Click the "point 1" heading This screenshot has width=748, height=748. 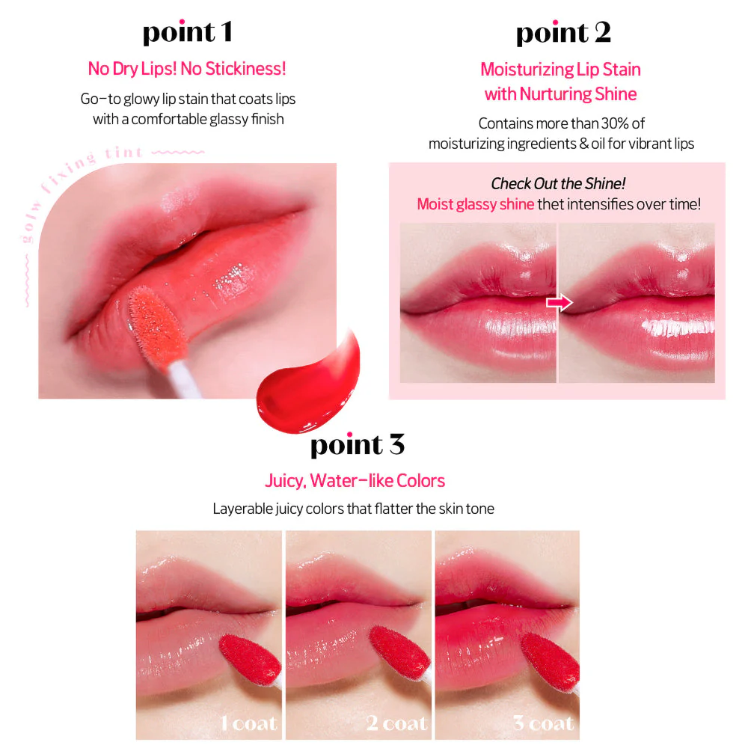pyautogui.click(x=188, y=33)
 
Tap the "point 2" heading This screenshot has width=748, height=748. pyautogui.click(x=563, y=34)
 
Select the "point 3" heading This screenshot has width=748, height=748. pyautogui.click(x=358, y=445)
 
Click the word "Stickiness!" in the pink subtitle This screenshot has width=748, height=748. pyautogui.click(x=245, y=69)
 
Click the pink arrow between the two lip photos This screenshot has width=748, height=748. pyautogui.click(x=560, y=302)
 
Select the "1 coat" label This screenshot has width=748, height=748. pyautogui.click(x=248, y=723)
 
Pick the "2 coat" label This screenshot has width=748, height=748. pyautogui.click(x=397, y=723)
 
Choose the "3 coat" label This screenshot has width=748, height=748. pyautogui.click(x=543, y=723)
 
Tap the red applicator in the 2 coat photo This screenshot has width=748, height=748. pyautogui.click(x=399, y=652)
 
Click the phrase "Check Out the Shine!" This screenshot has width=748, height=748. pyautogui.click(x=558, y=184)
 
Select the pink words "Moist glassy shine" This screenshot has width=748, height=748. pyautogui.click(x=476, y=204)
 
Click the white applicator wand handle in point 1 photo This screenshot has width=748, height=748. pyautogui.click(x=185, y=379)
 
